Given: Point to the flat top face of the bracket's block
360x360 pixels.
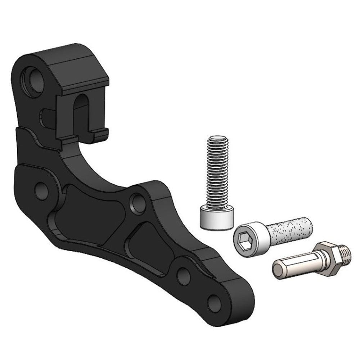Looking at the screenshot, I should (x=77, y=67).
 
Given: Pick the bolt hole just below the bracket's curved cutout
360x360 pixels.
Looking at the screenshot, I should (x=138, y=203).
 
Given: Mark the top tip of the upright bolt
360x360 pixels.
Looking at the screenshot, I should (x=218, y=138).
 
